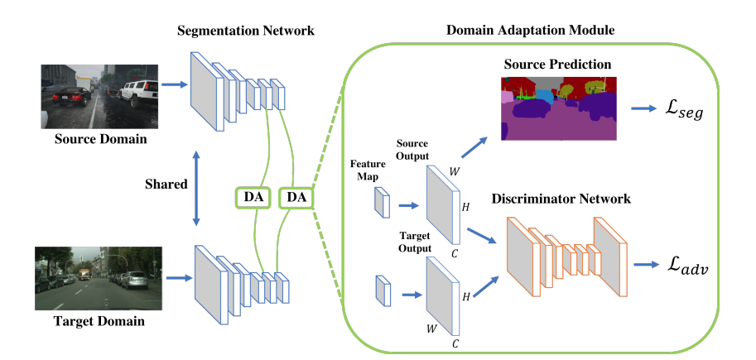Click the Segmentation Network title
(x=246, y=31)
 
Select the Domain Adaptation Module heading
(x=530, y=31)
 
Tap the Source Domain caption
(x=101, y=140)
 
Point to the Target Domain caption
(x=99, y=320)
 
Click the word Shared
(x=166, y=184)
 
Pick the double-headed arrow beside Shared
(x=196, y=188)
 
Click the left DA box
(x=253, y=198)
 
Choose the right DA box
(x=295, y=198)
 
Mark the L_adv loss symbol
(x=687, y=266)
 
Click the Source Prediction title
(x=558, y=64)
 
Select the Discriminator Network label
(x=561, y=199)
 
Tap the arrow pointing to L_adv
(x=646, y=265)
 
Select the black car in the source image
(x=71, y=95)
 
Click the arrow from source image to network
(x=174, y=84)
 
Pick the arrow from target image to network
(x=178, y=278)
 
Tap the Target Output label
(x=415, y=242)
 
